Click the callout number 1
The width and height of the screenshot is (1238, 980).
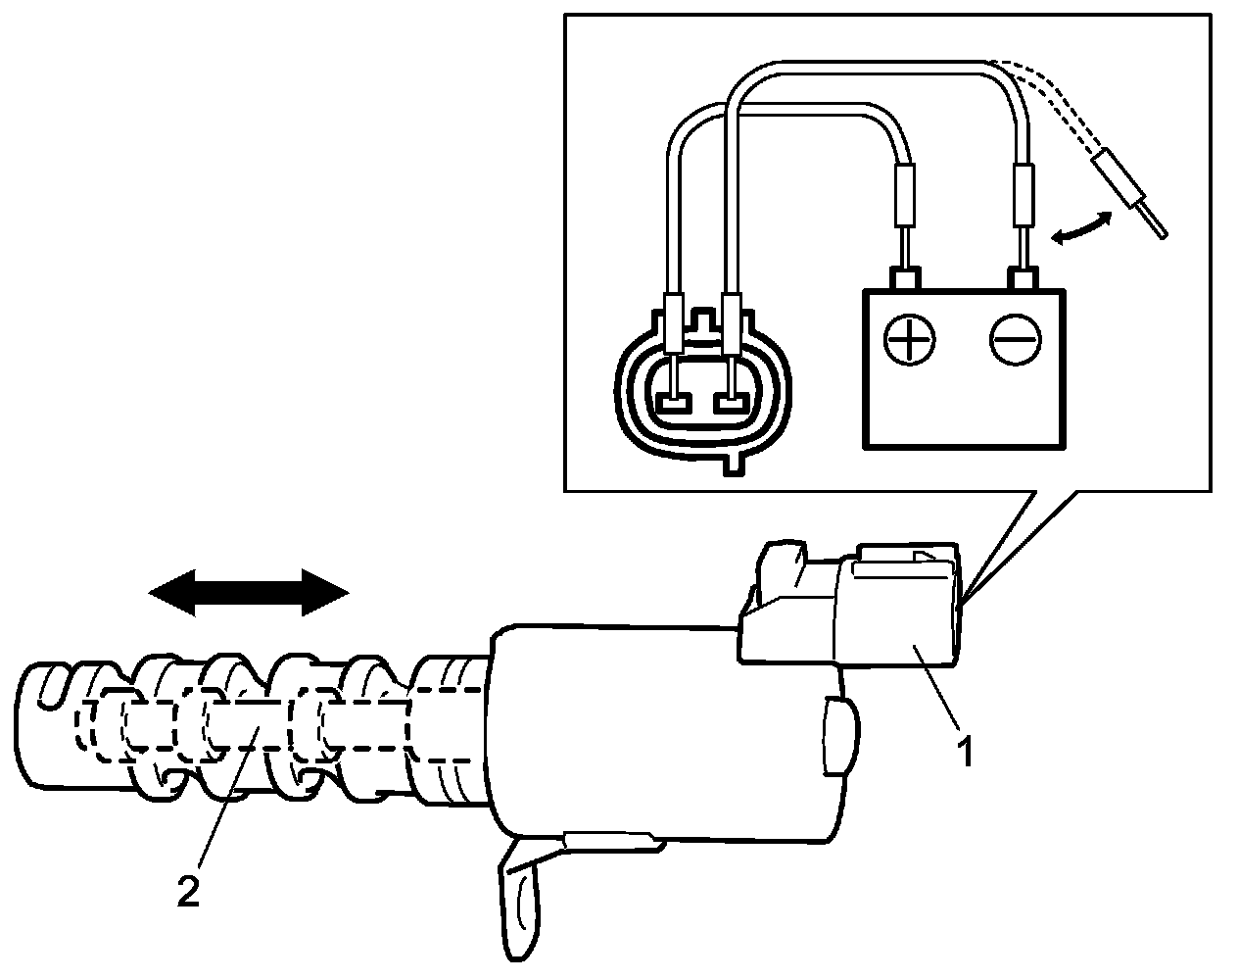tap(965, 752)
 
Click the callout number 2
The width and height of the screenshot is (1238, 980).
tap(188, 892)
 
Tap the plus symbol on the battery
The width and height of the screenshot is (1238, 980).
tap(909, 341)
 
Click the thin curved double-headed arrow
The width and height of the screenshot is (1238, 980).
tap(1081, 227)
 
